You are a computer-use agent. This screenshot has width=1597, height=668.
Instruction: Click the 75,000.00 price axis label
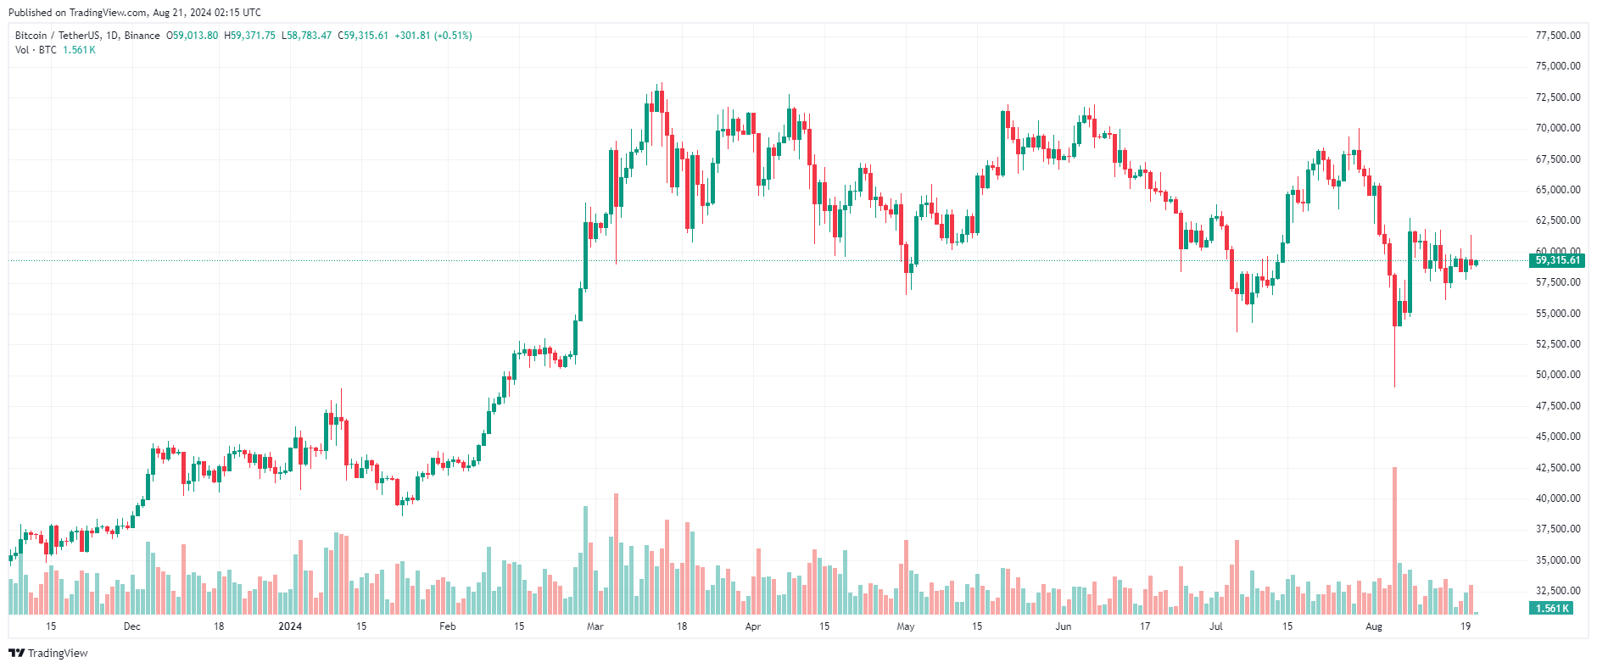tap(1558, 66)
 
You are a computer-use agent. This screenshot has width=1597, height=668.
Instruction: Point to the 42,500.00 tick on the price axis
tap(1558, 468)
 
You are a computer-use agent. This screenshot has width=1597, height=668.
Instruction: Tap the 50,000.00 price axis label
tap(1558, 375)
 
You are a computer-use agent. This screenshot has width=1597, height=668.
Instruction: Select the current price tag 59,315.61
tap(1558, 260)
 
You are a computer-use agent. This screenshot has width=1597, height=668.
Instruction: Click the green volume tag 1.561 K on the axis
tap(1552, 608)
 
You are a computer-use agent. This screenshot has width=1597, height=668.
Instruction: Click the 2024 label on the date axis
tap(290, 626)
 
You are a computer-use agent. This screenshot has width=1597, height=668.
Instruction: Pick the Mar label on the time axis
tap(595, 626)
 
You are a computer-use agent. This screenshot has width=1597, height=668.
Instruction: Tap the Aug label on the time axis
tap(1374, 626)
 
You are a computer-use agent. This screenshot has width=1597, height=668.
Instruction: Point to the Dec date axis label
tap(131, 626)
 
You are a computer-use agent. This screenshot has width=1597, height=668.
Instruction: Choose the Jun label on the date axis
tap(1064, 626)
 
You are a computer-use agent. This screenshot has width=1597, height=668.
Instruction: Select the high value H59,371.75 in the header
tap(249, 36)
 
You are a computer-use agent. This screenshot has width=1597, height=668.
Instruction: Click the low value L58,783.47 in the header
tap(307, 36)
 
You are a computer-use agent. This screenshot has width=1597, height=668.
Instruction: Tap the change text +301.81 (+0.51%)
tap(433, 36)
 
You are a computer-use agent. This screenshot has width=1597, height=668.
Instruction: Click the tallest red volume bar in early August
tap(1394, 541)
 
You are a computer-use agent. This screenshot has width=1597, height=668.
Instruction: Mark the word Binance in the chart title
tap(142, 36)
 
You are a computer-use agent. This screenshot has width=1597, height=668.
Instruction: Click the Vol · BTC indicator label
tap(36, 50)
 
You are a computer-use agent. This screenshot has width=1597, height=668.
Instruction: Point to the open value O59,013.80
tap(192, 36)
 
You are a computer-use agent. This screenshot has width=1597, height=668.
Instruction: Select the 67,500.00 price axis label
tap(1558, 159)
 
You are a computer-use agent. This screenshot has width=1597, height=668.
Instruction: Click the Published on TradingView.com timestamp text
tap(135, 13)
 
